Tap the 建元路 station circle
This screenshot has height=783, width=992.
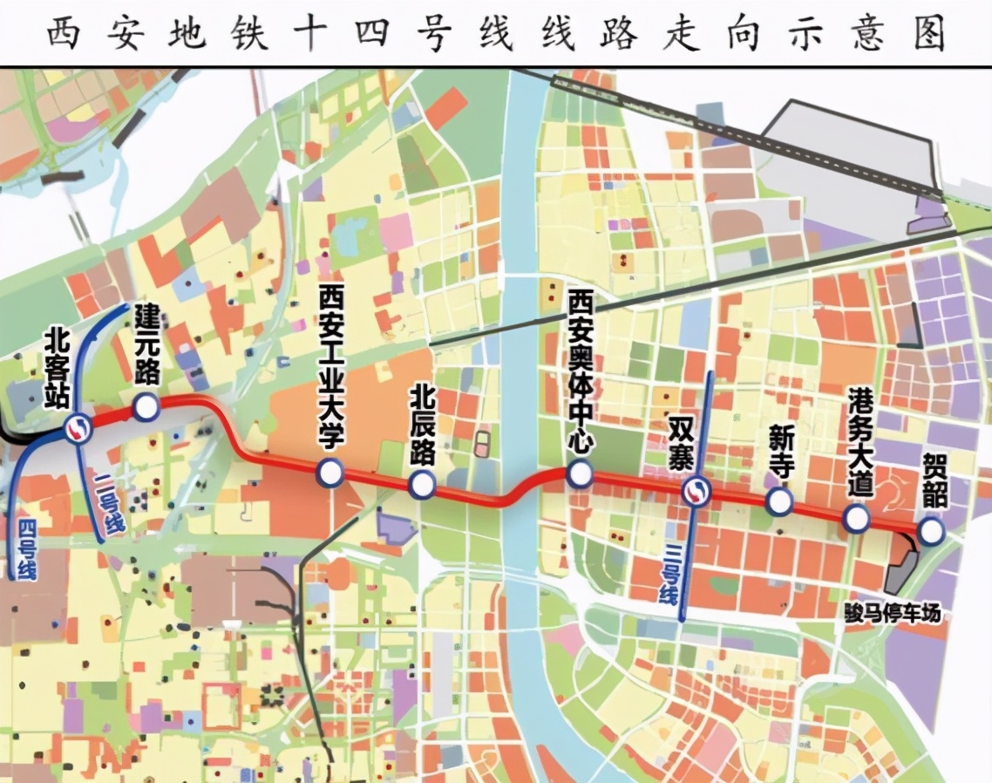click(146, 406)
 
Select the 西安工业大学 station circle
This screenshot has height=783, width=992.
click(330, 472)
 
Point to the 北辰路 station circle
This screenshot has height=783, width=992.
click(423, 485)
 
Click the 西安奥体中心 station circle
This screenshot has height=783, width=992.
click(580, 474)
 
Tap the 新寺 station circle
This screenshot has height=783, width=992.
click(778, 501)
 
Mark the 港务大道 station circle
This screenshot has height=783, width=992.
click(857, 519)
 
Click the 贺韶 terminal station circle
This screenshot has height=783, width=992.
click(931, 531)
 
